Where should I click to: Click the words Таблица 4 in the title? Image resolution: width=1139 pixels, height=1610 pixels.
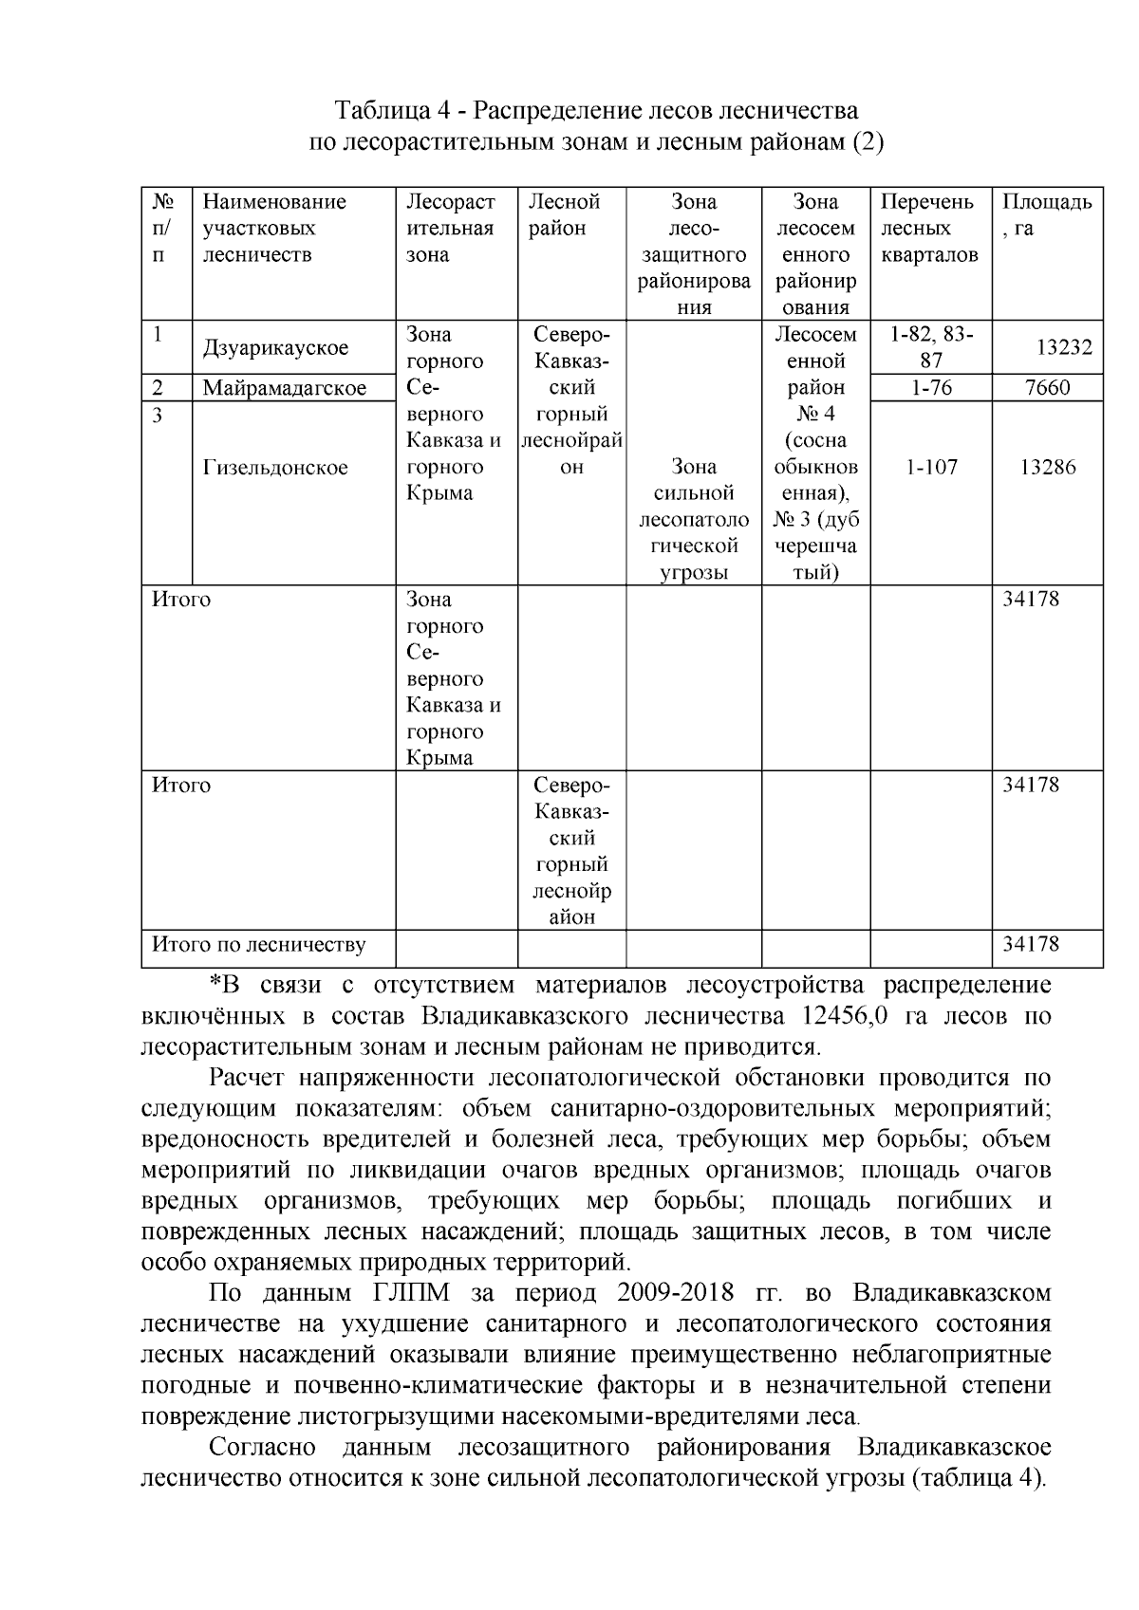(x=391, y=110)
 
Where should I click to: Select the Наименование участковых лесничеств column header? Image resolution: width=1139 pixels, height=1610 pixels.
(x=274, y=228)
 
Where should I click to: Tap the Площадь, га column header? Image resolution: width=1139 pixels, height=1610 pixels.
(x=1046, y=214)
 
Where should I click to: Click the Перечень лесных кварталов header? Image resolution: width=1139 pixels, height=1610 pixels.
(x=928, y=228)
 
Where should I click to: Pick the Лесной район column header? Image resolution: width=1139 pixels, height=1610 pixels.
(x=565, y=214)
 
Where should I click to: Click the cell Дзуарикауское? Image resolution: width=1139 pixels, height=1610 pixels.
(x=275, y=348)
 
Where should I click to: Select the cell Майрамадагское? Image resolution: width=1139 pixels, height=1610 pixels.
(x=284, y=388)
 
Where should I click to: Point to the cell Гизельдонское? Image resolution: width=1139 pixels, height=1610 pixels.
(x=275, y=468)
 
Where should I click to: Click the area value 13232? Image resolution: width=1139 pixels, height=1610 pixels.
(x=1063, y=348)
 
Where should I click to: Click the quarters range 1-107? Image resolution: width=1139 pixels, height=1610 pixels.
(x=931, y=468)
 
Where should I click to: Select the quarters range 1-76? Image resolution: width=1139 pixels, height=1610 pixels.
(x=931, y=388)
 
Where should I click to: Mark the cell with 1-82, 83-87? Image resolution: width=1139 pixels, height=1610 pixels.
(x=931, y=347)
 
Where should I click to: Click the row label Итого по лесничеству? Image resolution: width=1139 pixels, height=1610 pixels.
(x=259, y=945)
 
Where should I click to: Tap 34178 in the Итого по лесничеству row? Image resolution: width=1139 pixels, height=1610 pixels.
(x=1032, y=945)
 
